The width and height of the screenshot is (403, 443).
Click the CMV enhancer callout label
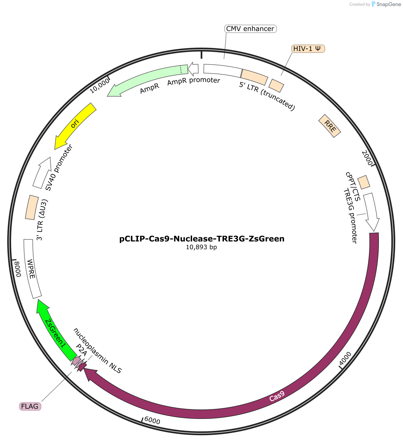tap(250, 29)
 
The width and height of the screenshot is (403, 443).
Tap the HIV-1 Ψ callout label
tap(308, 49)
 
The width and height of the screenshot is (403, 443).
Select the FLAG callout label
tap(30, 406)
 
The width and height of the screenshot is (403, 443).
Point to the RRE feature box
tap(330, 126)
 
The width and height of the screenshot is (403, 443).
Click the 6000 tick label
tap(152, 421)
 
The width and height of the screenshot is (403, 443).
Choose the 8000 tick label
tap(17, 269)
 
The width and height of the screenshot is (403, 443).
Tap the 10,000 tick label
tap(100, 86)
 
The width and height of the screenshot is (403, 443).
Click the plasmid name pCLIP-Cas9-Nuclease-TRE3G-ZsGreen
tap(202, 239)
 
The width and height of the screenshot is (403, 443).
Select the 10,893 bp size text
tap(201, 247)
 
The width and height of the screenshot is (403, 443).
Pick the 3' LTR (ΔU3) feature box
tap(32, 207)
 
